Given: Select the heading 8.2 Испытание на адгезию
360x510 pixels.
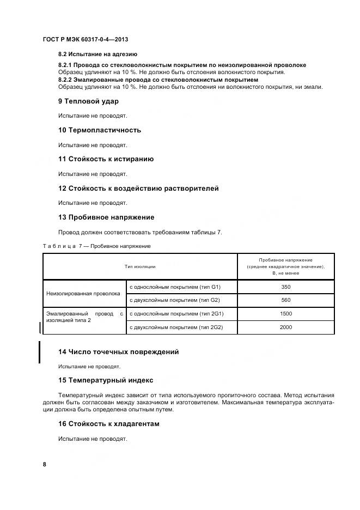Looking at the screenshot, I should [x=97, y=54].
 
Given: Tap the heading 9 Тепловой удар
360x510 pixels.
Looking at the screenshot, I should [x=88, y=101].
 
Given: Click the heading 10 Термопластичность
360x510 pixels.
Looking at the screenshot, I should [x=100, y=130].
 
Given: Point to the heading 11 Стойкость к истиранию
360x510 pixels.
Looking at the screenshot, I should [x=106, y=159].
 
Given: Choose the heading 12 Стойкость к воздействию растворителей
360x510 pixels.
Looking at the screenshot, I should [x=138, y=189].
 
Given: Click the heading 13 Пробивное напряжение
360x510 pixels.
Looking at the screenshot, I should [x=106, y=217].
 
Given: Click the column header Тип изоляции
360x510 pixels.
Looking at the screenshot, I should [x=140, y=266].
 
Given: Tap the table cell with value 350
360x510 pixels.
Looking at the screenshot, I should [x=286, y=287].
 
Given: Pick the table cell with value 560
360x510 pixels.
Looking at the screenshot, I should [x=286, y=300].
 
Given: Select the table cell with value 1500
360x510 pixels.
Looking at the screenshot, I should [x=286, y=314].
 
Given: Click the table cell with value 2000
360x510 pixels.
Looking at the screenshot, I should [x=286, y=327].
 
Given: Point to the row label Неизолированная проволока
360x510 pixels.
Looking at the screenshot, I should [x=83, y=293].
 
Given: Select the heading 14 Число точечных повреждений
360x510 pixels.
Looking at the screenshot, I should [x=118, y=352].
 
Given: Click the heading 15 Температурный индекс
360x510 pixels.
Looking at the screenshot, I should [x=106, y=380].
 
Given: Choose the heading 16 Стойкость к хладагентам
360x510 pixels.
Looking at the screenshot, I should [x=109, y=424].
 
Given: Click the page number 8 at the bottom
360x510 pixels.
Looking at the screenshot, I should [x=45, y=464].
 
